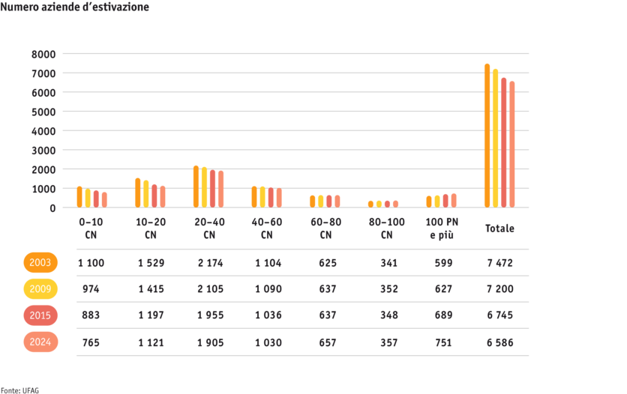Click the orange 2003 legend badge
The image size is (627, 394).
click(x=40, y=263)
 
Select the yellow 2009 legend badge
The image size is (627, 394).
click(x=40, y=289)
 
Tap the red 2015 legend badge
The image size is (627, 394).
click(x=40, y=315)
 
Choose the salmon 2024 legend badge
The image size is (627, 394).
click(x=40, y=342)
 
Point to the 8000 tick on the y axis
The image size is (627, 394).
click(x=43, y=54)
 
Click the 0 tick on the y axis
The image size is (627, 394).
click(x=52, y=208)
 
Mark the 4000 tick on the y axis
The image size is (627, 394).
click(x=43, y=131)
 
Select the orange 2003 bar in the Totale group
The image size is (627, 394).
click(x=487, y=136)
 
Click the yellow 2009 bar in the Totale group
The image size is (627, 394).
click(x=495, y=139)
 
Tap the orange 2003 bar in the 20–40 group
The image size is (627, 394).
click(x=196, y=187)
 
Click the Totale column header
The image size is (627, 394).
click(x=499, y=228)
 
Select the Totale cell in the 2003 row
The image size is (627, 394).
click(x=499, y=263)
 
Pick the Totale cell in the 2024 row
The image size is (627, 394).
click(x=499, y=342)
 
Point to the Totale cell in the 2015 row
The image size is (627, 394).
click(x=499, y=315)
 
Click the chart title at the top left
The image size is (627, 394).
click(x=74, y=7)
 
